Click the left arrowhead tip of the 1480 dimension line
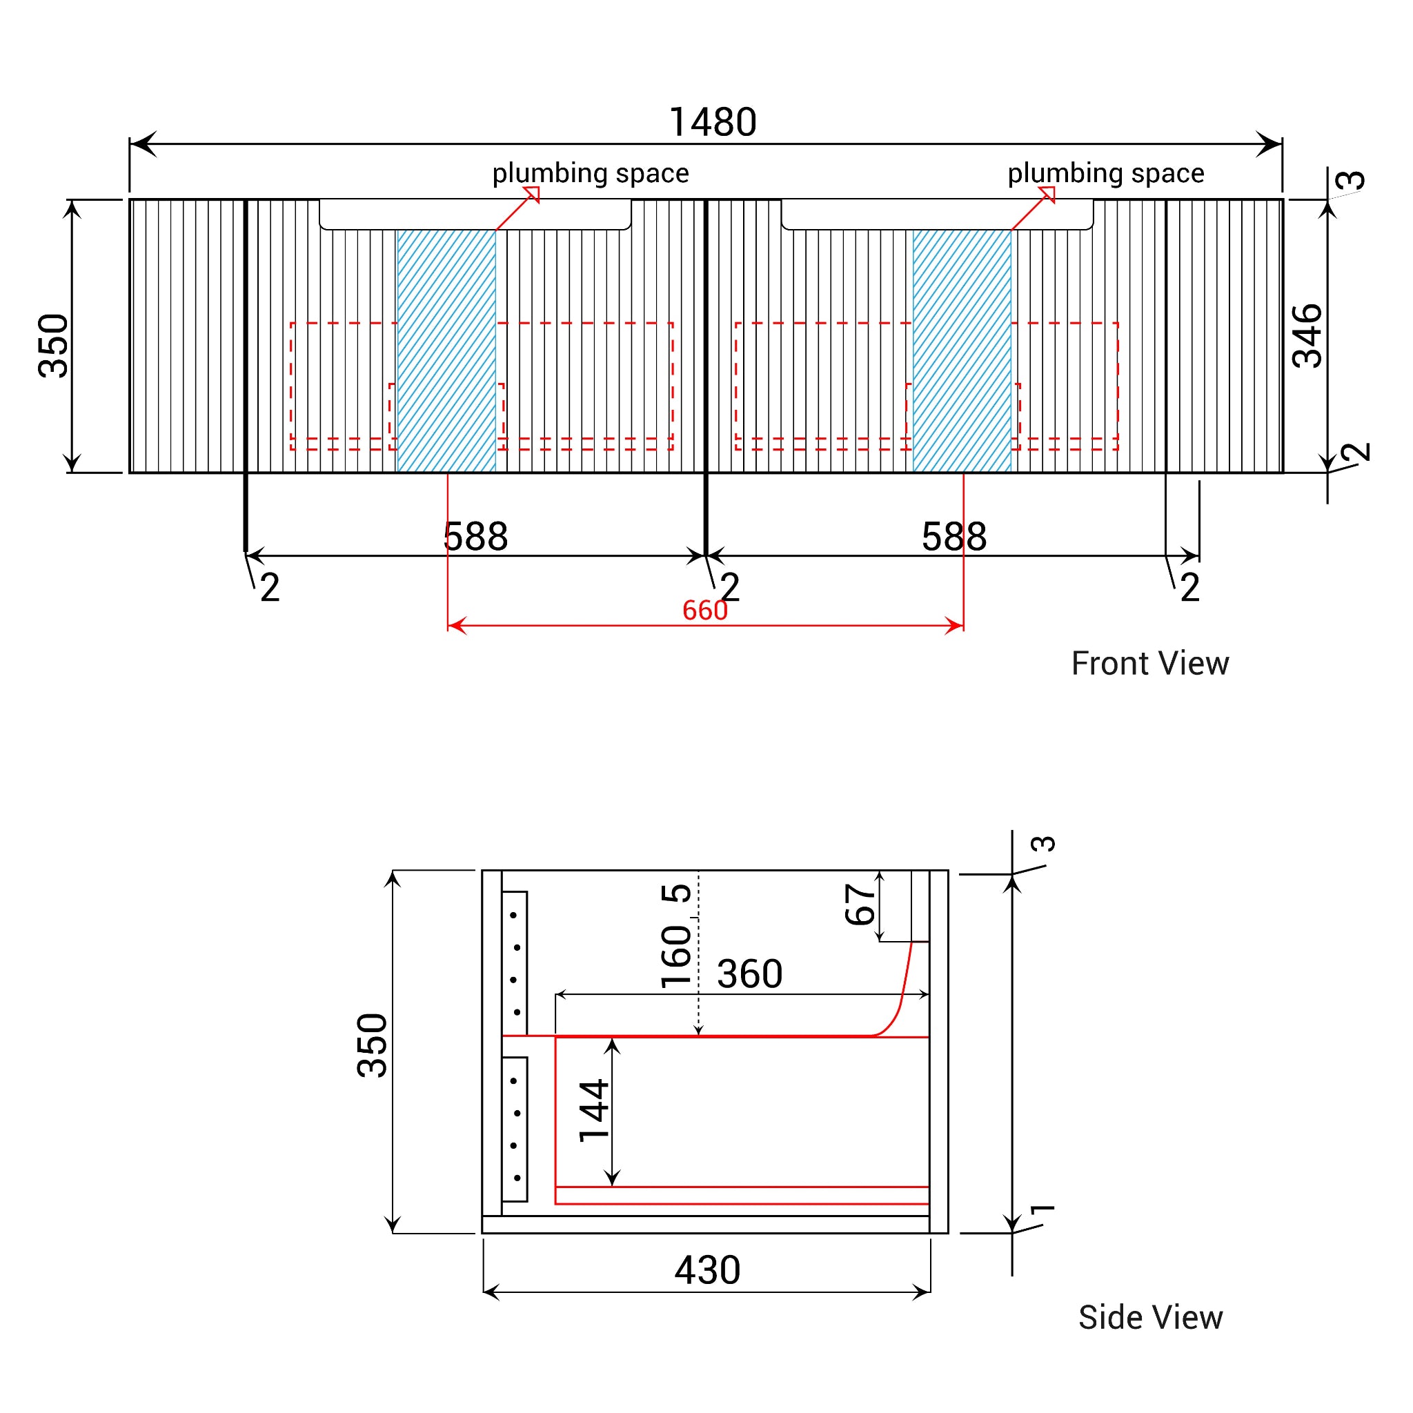130,144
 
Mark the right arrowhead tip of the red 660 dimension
963,625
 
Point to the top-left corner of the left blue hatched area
397,230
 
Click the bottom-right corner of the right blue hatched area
1011,472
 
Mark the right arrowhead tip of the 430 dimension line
930,1292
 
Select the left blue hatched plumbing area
446,351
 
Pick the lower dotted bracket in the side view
515,1129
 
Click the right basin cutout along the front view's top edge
938,215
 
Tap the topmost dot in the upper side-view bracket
514,915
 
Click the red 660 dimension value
705,610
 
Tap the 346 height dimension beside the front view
1308,336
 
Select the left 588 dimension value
475,537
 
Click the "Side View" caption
1150,1317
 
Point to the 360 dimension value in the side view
750,974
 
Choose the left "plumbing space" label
590,173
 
